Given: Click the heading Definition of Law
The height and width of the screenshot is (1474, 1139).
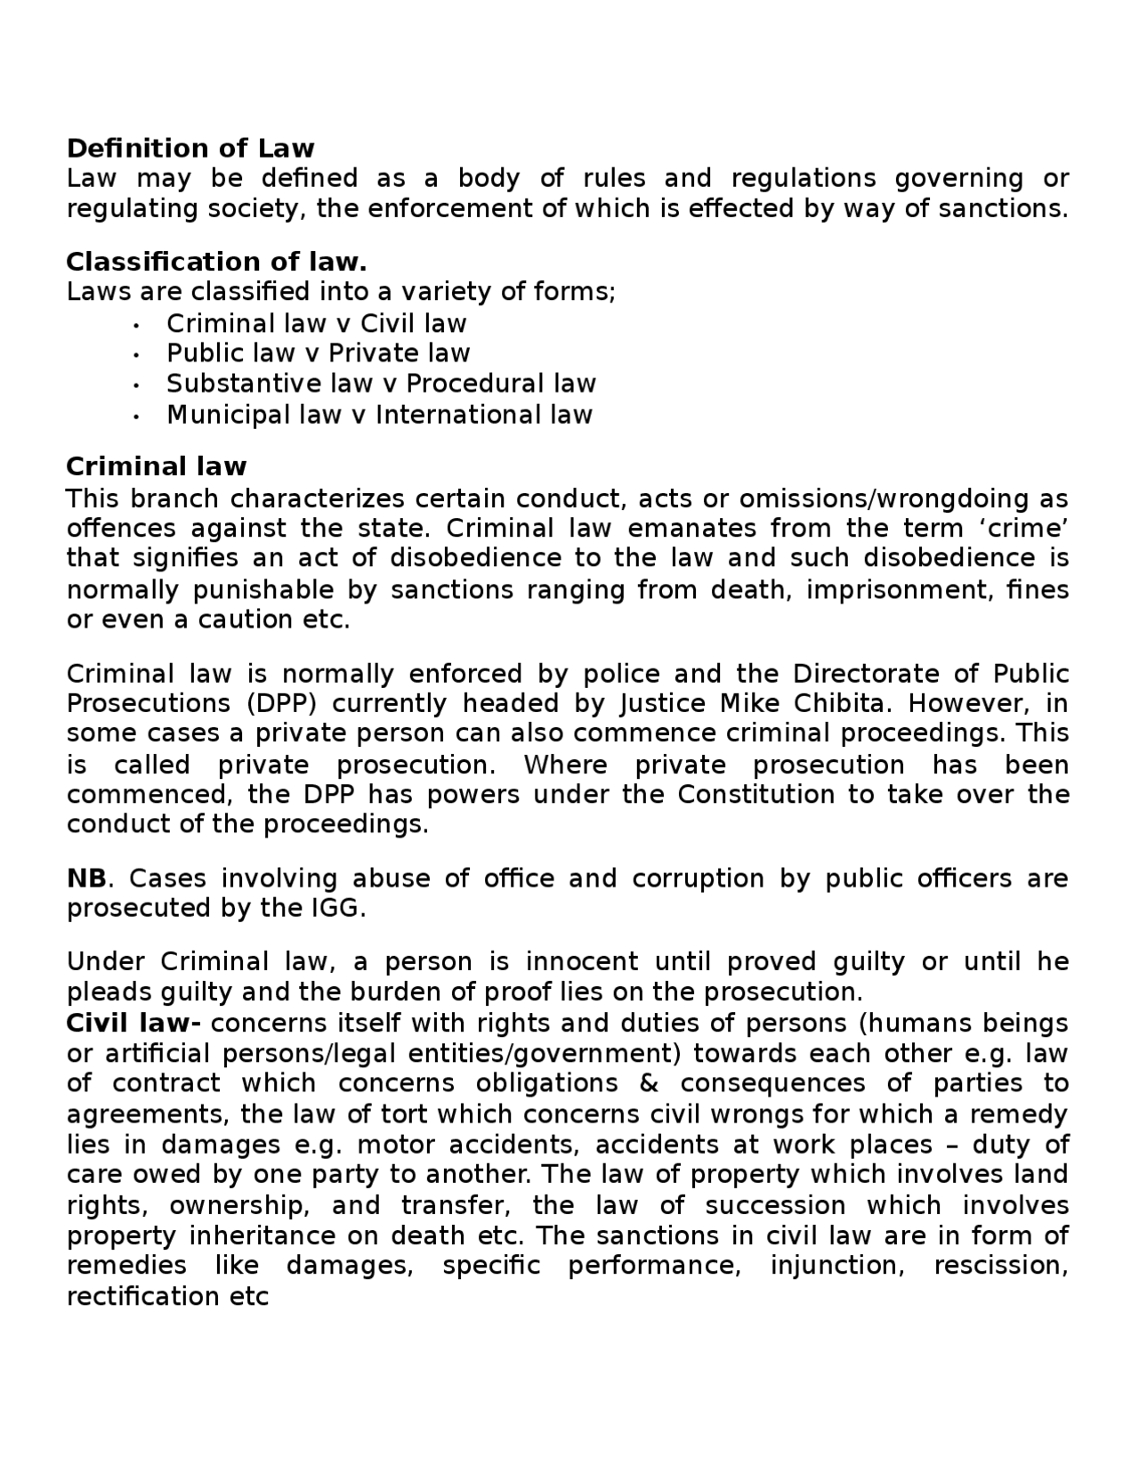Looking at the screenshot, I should [190, 148].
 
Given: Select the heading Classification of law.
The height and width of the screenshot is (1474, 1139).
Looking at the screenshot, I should [216, 262].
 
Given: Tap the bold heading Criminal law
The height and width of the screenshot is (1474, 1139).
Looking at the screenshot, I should [157, 466].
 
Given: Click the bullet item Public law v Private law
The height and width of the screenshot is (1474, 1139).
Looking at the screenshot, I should [318, 353].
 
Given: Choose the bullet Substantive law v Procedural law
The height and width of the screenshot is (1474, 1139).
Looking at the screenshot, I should [381, 384].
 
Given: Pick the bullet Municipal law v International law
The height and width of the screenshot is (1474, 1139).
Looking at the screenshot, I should [379, 415].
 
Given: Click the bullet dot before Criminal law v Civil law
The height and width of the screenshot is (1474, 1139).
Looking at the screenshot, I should [136, 325].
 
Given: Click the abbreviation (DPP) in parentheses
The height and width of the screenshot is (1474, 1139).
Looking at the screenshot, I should [279, 703].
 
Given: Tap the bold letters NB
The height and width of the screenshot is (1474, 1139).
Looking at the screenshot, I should [86, 879].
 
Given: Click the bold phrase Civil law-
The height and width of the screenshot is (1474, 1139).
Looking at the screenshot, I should [133, 1024].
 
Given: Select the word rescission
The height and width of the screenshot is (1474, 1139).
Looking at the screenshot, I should [1000, 1266].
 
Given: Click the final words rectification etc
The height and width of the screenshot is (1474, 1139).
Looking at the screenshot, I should [167, 1297].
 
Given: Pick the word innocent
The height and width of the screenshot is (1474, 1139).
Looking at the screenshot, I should [581, 962].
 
